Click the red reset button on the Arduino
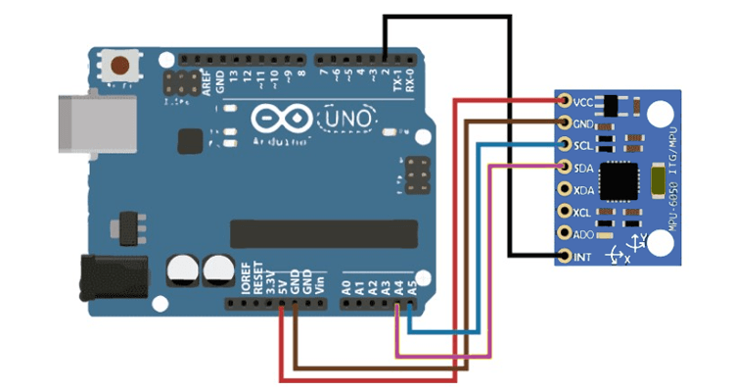tap(121, 66)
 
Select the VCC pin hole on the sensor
tap(565, 101)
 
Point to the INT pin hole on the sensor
tap(565, 257)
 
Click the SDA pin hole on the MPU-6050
tap(565, 167)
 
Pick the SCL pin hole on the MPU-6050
tap(565, 145)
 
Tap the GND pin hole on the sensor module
tap(565, 123)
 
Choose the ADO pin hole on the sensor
tap(565, 234)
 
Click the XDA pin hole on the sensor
tap(565, 189)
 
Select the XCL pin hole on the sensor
tap(565, 212)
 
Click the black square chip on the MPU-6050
tap(618, 179)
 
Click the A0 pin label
tap(345, 287)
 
